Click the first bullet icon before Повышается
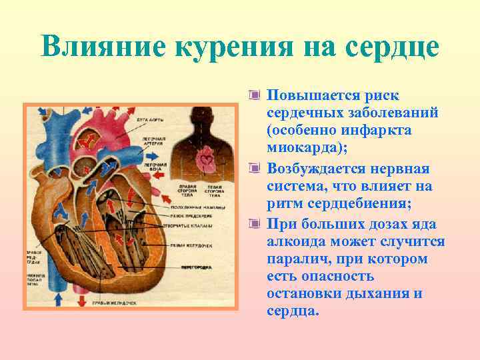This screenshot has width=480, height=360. click(x=253, y=95)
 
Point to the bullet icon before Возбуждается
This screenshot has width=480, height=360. click(x=253, y=168)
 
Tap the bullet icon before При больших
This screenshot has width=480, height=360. click(x=253, y=223)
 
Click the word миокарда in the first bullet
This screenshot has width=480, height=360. click(x=303, y=147)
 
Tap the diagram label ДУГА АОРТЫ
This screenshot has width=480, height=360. click(x=151, y=120)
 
